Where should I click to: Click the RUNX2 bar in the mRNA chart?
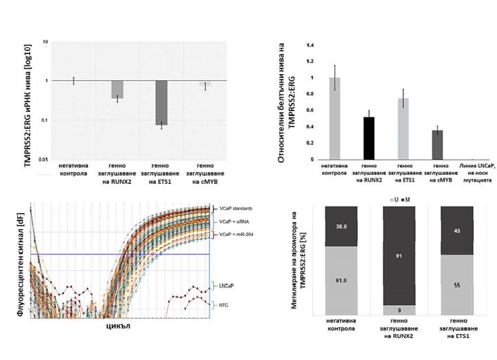click(117, 89)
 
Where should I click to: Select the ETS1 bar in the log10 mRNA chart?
click(160, 103)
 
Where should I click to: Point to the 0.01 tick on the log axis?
click(43, 160)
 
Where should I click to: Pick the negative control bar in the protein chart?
click(335, 119)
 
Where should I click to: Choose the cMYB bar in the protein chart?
click(437, 145)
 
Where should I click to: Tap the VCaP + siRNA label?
click(234, 222)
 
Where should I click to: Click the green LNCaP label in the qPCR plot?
click(228, 284)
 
